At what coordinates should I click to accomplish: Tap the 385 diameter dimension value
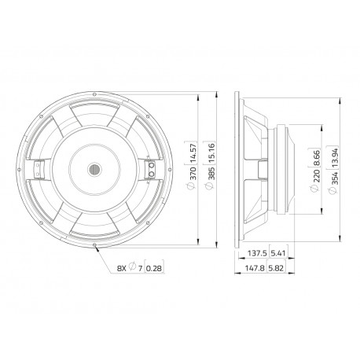[x=211, y=173]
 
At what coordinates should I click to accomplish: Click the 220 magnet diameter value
[x=317, y=176]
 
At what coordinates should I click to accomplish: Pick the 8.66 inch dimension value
[x=317, y=158]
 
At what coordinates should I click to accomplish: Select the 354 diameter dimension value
[x=335, y=178]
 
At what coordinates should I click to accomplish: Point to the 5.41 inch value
[x=278, y=253]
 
